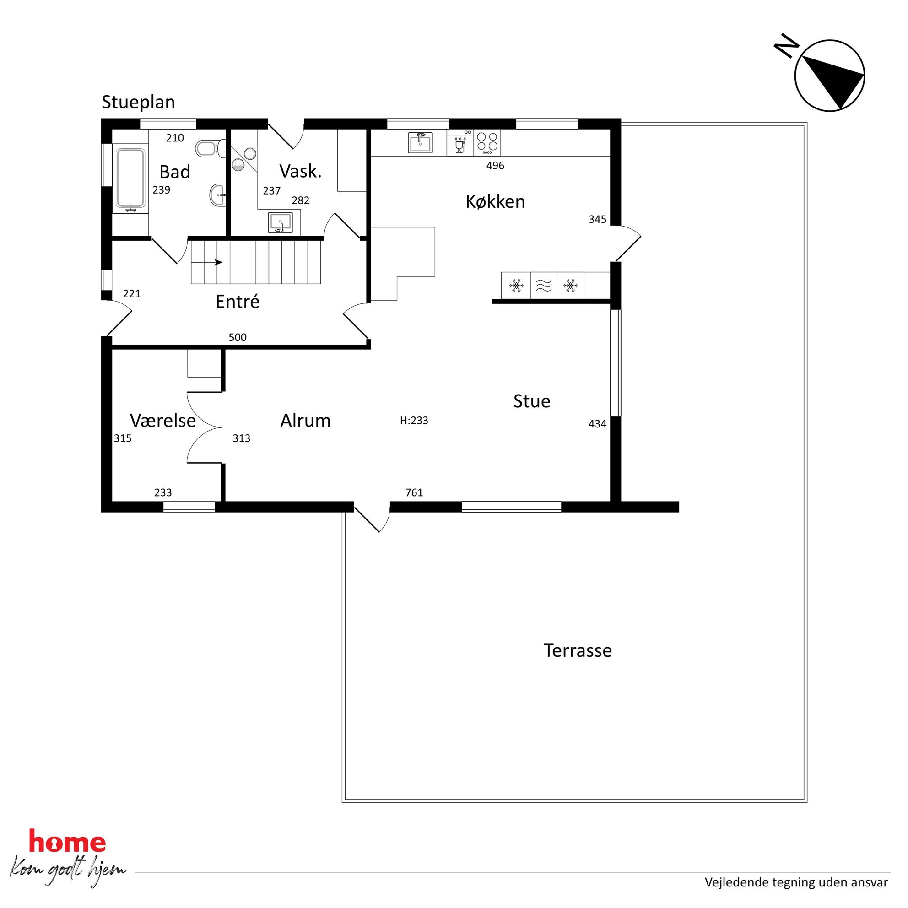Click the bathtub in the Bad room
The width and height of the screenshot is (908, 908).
130,179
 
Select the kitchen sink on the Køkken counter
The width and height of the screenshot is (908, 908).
420,142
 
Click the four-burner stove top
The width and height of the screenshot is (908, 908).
487,142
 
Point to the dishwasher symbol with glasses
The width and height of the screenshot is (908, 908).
460,142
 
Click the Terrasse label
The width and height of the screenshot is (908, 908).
578,650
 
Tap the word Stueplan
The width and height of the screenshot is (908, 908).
138,103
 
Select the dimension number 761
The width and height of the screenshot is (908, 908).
414,492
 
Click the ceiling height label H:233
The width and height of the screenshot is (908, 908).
414,421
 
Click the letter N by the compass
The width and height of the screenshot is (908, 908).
786,48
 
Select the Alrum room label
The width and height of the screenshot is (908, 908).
305,421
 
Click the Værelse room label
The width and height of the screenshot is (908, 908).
162,421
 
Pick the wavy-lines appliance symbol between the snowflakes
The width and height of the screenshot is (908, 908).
544,285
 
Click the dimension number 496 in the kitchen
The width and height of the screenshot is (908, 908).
495,165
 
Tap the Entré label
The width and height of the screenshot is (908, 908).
238,301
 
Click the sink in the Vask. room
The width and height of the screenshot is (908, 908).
281,223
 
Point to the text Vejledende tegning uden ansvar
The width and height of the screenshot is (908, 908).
796,883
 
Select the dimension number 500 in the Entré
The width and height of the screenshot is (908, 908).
238,337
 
